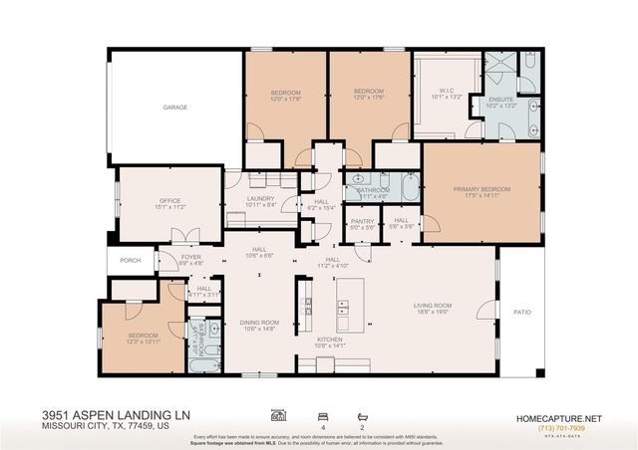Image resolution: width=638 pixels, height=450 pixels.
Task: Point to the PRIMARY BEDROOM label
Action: [x=481, y=189]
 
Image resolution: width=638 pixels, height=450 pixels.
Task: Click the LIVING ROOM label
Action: [x=434, y=306]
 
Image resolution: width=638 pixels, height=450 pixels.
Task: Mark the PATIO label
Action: [x=521, y=312]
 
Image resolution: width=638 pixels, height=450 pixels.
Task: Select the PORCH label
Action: [x=131, y=262]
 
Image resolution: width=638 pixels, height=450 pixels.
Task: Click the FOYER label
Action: [x=191, y=257]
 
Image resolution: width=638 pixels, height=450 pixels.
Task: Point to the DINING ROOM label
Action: [x=258, y=322]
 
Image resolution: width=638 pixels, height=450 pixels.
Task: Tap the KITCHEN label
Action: [x=329, y=339]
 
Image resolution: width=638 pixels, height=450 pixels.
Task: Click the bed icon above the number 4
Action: [x=321, y=413]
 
